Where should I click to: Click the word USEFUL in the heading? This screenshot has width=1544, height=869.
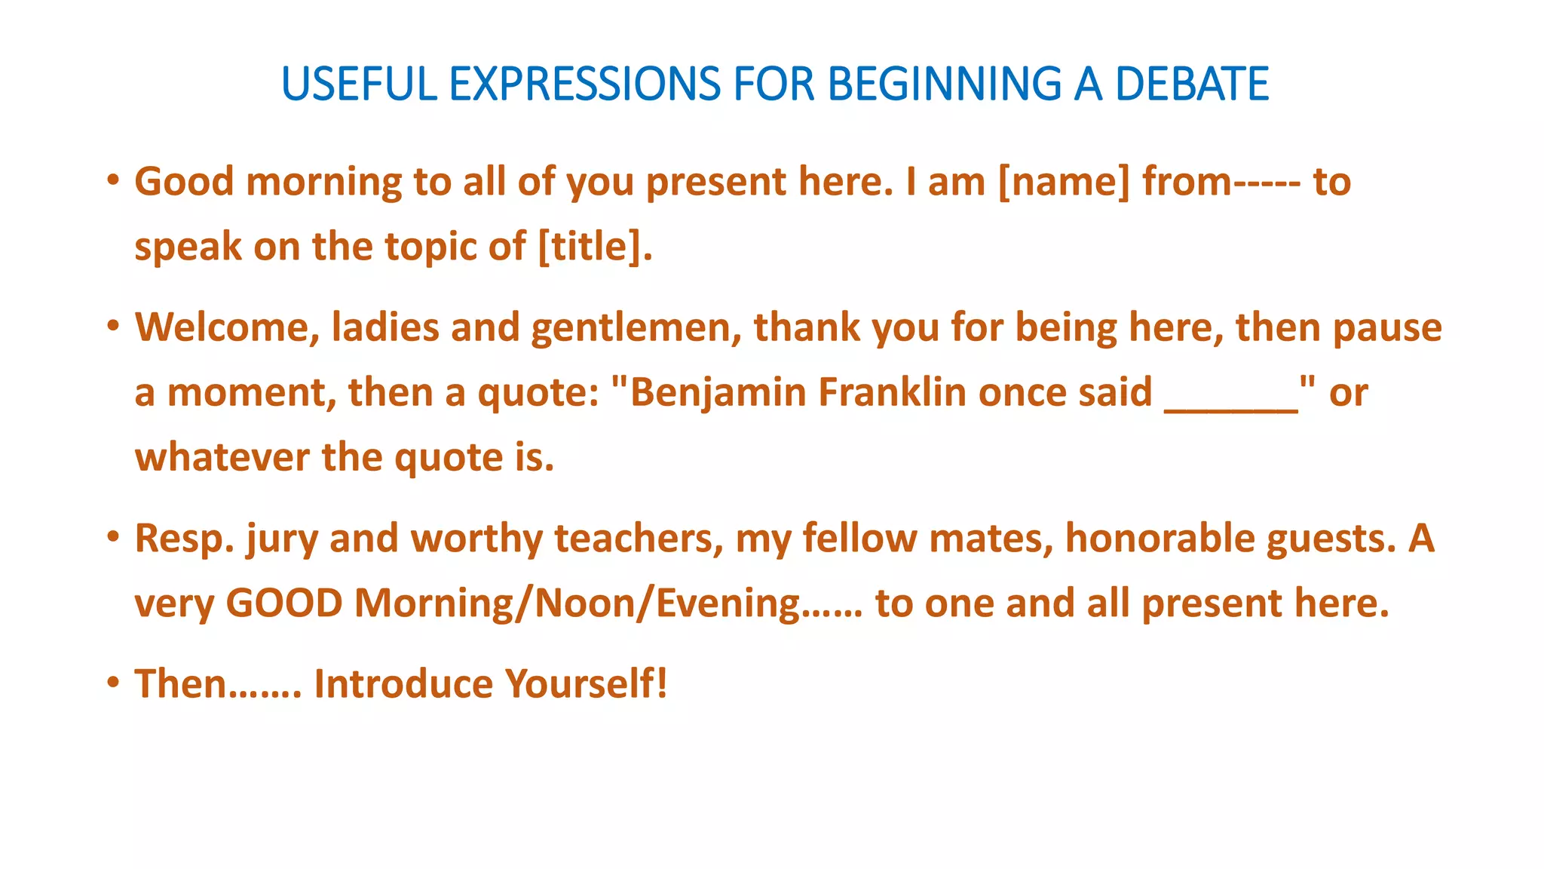point(359,84)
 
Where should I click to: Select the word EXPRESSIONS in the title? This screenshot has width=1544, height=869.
point(585,84)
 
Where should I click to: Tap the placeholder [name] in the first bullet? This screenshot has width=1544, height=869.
point(1064,183)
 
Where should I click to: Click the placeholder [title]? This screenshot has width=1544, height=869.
point(595,247)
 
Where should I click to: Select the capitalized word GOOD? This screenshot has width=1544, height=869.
point(284,603)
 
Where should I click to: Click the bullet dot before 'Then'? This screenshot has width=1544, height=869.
point(113,682)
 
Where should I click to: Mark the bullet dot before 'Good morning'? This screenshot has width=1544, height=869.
point(113,180)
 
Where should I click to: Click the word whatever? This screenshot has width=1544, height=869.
point(222,458)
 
